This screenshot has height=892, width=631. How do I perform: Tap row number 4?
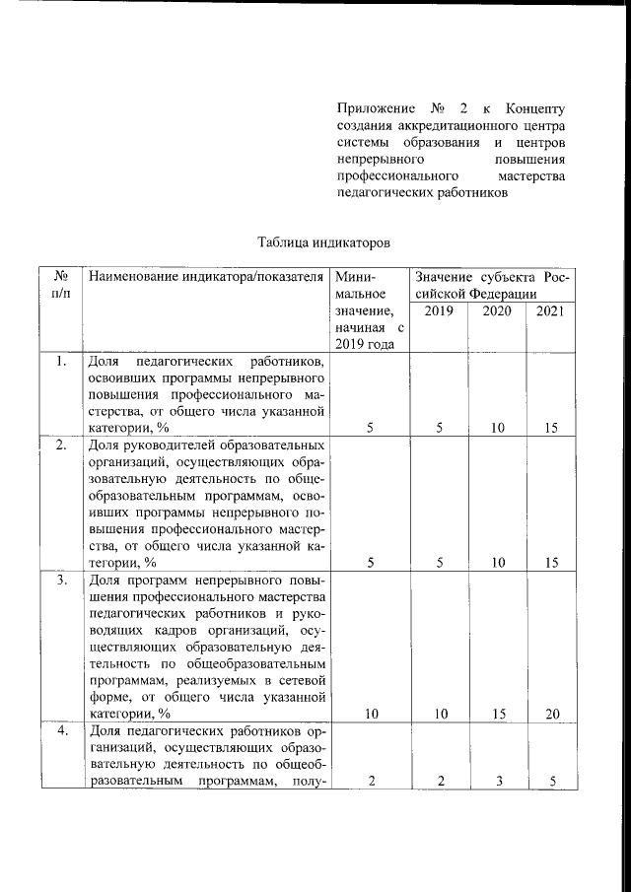coord(61,731)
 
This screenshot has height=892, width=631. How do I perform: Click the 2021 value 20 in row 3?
coord(551,715)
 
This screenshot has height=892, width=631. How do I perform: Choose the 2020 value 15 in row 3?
coord(497,715)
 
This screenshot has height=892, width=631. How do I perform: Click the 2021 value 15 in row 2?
coord(551,563)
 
